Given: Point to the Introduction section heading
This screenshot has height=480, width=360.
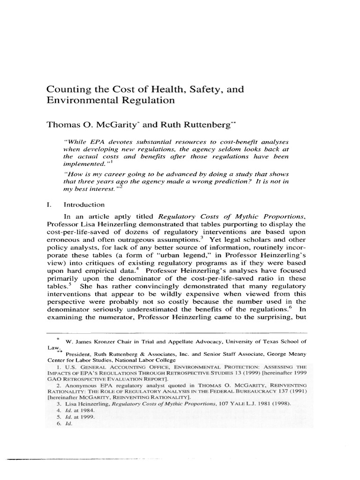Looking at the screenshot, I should tap(84, 204).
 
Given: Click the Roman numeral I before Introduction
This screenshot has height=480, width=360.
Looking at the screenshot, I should tap(47, 204).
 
